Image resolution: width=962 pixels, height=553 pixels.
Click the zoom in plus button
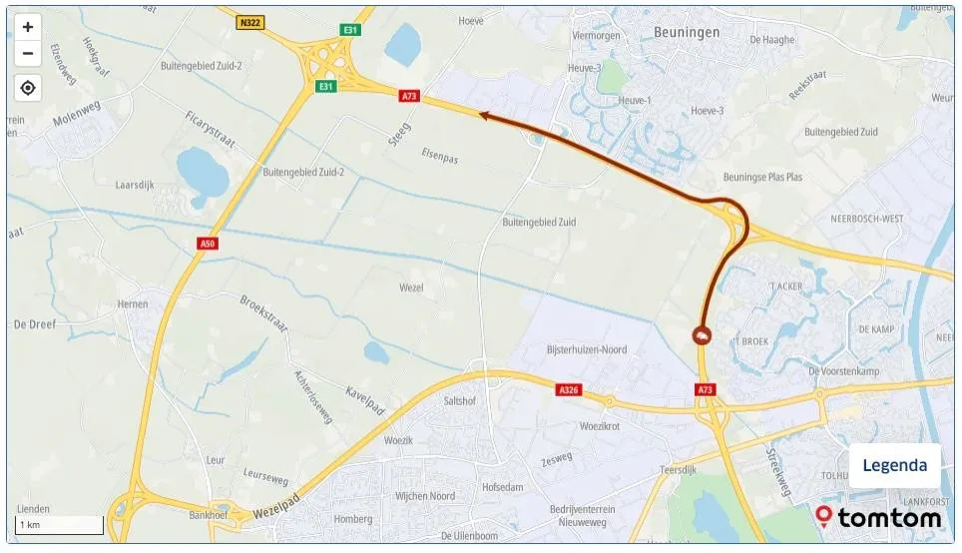tap(28, 27)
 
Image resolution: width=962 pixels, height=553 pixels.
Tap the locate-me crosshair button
tap(28, 88)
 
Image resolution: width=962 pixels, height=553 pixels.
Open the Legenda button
tap(894, 465)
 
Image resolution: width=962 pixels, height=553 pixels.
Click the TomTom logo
tap(878, 517)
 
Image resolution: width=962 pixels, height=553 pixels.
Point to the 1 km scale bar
tap(60, 525)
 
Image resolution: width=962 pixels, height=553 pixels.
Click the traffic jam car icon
tap(703, 336)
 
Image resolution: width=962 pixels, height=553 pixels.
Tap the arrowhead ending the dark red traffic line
tap(483, 116)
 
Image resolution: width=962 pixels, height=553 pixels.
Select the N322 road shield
tap(249, 22)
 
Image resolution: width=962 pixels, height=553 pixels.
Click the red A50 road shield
tap(208, 244)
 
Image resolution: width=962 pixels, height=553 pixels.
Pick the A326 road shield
tap(570, 389)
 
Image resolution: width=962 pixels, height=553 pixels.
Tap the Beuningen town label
tap(686, 32)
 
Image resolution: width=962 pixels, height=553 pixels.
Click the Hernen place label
tap(132, 304)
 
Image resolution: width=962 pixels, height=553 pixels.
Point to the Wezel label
tap(410, 287)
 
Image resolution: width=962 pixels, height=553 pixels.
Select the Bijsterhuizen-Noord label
tap(588, 349)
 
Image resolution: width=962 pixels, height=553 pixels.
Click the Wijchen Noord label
tap(424, 496)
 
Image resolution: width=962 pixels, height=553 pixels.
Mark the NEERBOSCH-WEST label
tap(867, 217)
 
